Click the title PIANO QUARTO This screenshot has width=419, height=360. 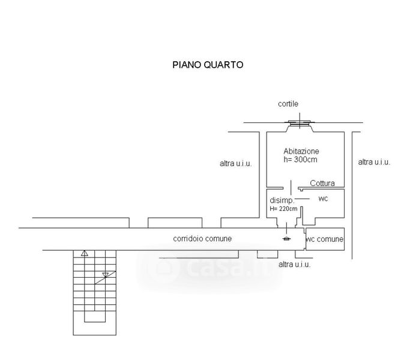point(208,65)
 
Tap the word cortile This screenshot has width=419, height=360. point(288,104)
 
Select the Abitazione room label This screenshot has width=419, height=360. point(301,151)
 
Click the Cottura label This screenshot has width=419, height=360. point(322,184)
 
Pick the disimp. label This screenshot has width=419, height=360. point(282,200)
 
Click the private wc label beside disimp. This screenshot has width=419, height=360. point(322,199)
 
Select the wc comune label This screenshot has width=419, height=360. point(325,239)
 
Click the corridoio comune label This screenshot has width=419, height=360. point(202,239)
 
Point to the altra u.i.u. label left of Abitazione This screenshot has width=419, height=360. point(235,163)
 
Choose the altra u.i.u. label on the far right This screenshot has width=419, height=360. point(374,162)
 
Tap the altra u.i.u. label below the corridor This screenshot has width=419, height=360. point(295,264)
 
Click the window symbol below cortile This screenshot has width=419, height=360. point(299,124)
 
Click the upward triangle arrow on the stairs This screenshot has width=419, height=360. point(85,253)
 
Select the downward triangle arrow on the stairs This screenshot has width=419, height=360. point(106,275)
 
